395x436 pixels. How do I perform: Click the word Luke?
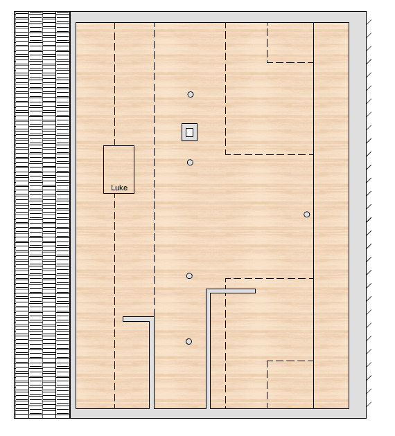[x=119, y=188]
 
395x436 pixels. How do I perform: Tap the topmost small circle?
[x=191, y=94]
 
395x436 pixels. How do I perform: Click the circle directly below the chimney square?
[x=190, y=163]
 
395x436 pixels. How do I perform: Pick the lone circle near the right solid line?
[x=307, y=215]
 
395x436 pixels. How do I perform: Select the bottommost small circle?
[x=188, y=341]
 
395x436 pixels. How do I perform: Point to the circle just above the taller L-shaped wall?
[x=189, y=276]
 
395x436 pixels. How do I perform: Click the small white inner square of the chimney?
[x=190, y=132]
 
